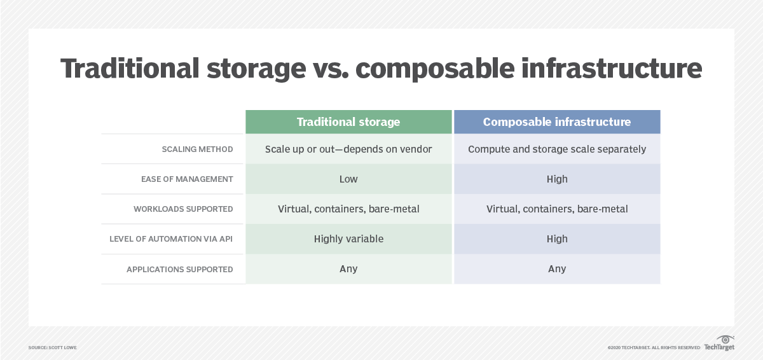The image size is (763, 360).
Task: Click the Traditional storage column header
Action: pos(348,121)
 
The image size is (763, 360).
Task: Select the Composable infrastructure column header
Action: pos(556,121)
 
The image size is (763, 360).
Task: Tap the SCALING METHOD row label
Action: pos(197,149)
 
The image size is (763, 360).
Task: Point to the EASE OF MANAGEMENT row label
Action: pos(187,179)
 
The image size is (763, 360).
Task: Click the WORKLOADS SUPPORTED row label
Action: pos(183,209)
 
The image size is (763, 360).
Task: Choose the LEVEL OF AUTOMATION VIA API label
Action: pos(171,239)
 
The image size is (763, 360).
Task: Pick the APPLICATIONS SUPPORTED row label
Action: pos(180,269)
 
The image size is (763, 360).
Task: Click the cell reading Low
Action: pos(348,179)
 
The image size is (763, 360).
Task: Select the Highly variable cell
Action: pos(348,239)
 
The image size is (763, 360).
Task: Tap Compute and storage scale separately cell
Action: pos(556,149)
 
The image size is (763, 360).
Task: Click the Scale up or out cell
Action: pos(348,149)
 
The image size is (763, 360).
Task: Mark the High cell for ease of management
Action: pos(556,179)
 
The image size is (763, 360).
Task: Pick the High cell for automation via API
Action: pos(556,239)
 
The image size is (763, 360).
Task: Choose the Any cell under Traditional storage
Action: pos(348,269)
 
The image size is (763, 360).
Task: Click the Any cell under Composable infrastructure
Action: pos(556,269)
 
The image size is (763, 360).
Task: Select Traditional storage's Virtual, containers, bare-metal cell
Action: pos(348,209)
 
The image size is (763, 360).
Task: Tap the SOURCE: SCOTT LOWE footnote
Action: pos(52,348)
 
